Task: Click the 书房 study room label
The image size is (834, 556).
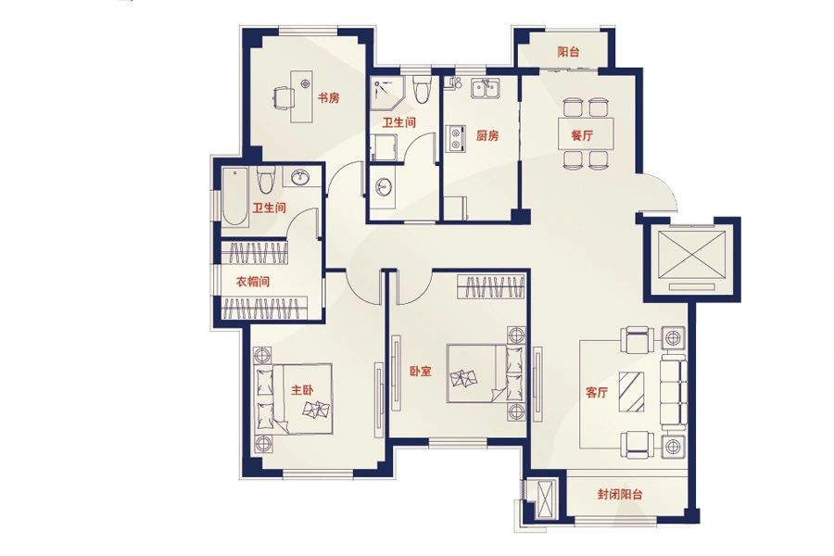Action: pos(328,98)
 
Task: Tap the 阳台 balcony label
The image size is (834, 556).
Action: pos(568,52)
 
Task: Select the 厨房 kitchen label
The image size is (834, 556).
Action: pos(487,135)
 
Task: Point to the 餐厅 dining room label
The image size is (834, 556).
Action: pos(582,135)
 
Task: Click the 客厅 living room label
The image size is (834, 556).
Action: pos(596,393)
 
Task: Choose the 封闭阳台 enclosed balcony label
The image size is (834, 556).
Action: pos(620,494)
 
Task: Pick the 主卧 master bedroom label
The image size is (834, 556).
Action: pos(302,390)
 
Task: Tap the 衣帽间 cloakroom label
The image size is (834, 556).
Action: pos(253,282)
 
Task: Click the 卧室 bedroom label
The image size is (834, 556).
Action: pos(420,372)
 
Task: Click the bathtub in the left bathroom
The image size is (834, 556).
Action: pos(234,196)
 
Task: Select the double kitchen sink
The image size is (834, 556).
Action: pos(484,88)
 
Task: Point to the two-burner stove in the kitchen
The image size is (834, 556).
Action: pos(456,137)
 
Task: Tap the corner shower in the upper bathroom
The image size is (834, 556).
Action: pos(387,92)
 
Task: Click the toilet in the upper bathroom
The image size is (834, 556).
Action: pos(422,89)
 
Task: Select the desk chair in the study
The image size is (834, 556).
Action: pos(283,99)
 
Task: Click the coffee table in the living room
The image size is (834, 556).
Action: pos(632,392)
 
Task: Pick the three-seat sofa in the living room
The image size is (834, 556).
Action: pos(673,392)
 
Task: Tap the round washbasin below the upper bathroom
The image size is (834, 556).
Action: pos(383,187)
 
